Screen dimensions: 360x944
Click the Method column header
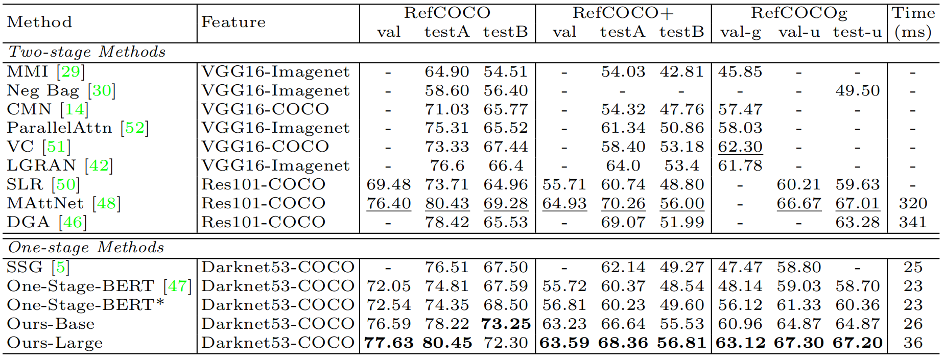39,22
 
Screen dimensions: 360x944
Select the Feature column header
233,22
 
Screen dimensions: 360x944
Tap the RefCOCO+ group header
623,13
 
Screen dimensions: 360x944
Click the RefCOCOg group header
799,13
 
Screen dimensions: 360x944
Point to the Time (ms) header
913,22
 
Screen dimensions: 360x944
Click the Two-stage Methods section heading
87,52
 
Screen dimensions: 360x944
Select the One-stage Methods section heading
86,248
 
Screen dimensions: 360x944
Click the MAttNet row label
45,203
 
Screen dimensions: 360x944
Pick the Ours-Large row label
55,343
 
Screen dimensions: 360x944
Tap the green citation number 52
135,128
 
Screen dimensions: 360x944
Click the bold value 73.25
505,324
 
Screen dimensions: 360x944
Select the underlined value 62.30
740,147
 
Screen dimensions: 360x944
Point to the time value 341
912,222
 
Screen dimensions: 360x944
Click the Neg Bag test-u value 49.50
857,90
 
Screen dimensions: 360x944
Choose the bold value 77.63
388,343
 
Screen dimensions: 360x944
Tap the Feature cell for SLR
263,184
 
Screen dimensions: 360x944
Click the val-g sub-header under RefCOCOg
740,32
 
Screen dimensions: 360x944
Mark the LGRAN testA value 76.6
447,165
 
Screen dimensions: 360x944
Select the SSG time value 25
912,267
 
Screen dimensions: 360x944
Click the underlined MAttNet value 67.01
857,203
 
